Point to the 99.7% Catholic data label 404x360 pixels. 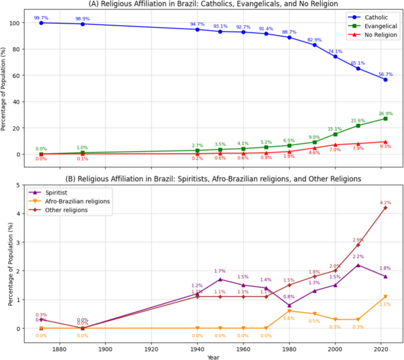point(41,17)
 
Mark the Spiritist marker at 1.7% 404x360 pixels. point(220,280)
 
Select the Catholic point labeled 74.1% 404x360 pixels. point(335,57)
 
